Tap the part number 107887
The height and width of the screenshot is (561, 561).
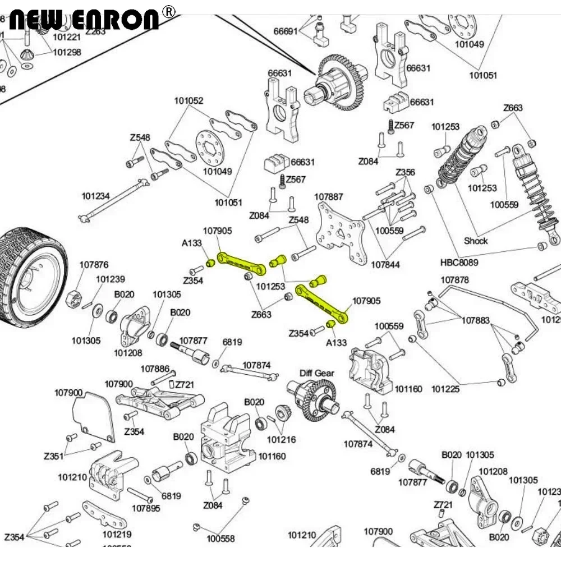pyautogui.click(x=329, y=197)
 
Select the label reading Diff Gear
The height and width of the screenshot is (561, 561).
pyautogui.click(x=316, y=373)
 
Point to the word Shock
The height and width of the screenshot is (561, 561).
pyautogui.click(x=476, y=241)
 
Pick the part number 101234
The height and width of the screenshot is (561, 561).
pyautogui.click(x=95, y=196)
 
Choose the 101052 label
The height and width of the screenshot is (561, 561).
pyautogui.click(x=188, y=101)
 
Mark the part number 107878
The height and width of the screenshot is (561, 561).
pyautogui.click(x=454, y=280)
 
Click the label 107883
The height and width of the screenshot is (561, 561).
pyautogui.click(x=476, y=320)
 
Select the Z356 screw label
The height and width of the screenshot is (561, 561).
pyautogui.click(x=405, y=172)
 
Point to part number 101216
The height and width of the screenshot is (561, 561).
pyautogui.click(x=281, y=439)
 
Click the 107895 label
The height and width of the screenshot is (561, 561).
pyautogui.click(x=146, y=508)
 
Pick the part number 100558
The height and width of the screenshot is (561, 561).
pyautogui.click(x=220, y=539)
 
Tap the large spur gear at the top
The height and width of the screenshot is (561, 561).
pyautogui.click(x=340, y=83)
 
